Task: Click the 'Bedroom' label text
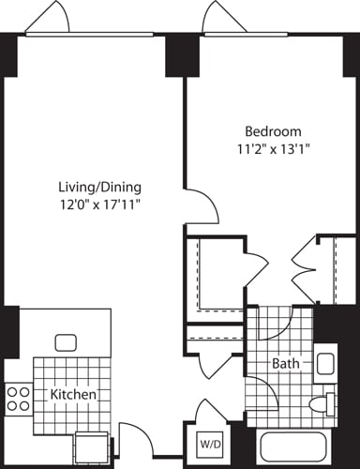pyautogui.click(x=274, y=130)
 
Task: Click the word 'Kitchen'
pyautogui.click(x=74, y=396)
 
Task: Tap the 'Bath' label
pyautogui.click(x=285, y=363)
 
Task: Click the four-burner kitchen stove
pyautogui.click(x=17, y=399)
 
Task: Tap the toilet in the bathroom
pyautogui.click(x=322, y=404)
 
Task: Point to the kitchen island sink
pyautogui.click(x=66, y=342)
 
